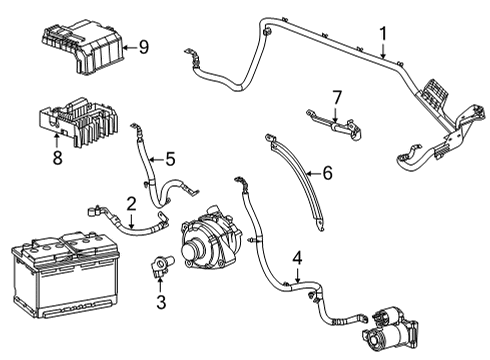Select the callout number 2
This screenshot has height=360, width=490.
[130, 203]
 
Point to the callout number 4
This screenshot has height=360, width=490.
[297, 259]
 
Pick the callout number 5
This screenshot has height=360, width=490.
[170, 158]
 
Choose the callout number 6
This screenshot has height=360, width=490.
[325, 172]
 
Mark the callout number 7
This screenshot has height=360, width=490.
[336, 96]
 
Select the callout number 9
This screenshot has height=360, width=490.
[143, 45]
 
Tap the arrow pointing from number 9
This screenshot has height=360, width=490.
[127, 46]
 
